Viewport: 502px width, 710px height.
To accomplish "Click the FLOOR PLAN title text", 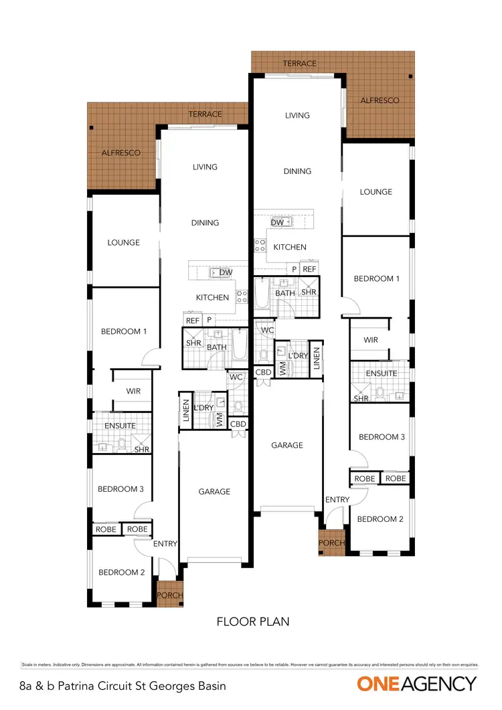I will click(253, 622).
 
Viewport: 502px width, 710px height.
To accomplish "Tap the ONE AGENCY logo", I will click(417, 684).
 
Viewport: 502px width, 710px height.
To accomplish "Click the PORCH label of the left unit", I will click(169, 595).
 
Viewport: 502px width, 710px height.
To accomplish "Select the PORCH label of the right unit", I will click(331, 543).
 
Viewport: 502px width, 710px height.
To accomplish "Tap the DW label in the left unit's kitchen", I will click(226, 272).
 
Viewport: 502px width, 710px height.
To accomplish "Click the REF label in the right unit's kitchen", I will click(309, 269).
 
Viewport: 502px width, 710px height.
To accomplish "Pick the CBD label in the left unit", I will click(238, 424).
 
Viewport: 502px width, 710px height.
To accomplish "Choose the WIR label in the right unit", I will click(371, 340).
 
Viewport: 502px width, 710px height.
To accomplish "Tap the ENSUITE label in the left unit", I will click(120, 426).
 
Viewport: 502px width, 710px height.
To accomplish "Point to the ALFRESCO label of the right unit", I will click(380, 100).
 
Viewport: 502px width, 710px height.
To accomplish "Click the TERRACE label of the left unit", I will click(205, 114).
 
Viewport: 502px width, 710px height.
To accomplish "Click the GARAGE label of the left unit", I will click(214, 491).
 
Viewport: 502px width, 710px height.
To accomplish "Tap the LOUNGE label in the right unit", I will click(375, 192).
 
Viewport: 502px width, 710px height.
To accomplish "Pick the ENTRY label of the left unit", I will click(165, 544).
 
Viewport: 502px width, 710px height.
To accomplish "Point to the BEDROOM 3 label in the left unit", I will click(120, 489).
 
